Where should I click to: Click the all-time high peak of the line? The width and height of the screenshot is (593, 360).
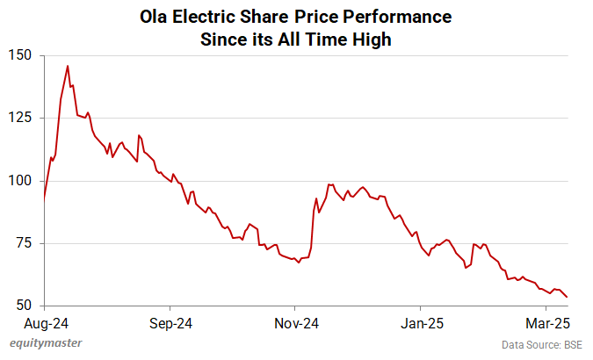(68, 66)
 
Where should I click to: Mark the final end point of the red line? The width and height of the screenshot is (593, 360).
(567, 297)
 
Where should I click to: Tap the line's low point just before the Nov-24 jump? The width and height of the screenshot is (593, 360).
(299, 262)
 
